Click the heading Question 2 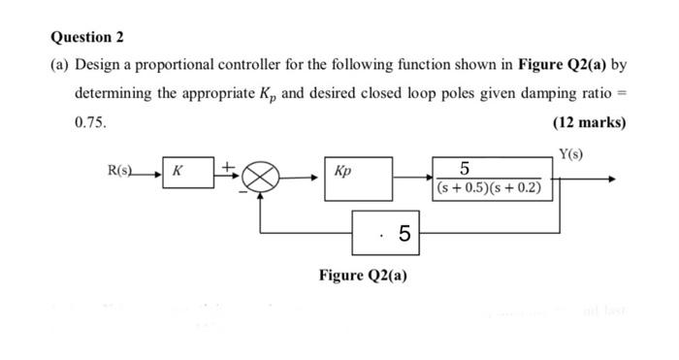[x=86, y=38]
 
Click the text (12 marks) [x=589, y=122]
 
